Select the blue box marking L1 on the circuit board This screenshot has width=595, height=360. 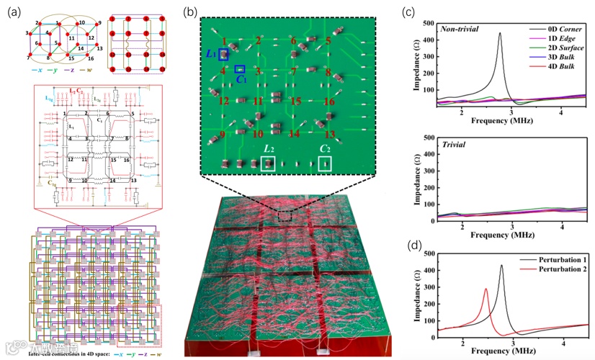click(224, 54)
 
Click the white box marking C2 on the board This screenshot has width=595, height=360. click(326, 164)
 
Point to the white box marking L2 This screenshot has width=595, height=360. click(268, 164)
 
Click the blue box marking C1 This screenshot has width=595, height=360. click(241, 69)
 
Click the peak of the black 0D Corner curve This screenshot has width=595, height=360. click(499, 33)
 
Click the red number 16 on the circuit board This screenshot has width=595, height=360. click(328, 102)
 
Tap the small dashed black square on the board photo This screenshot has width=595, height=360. click(285, 215)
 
